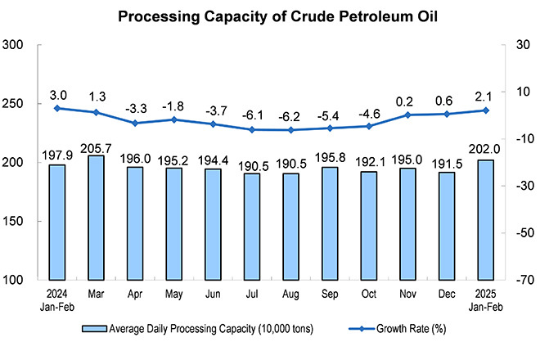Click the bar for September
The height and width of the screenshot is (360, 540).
pos(330,223)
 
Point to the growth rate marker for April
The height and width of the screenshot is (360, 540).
pos(134,124)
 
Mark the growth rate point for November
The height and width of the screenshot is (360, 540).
pos(407,115)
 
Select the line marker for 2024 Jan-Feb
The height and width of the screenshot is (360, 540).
pos(56,108)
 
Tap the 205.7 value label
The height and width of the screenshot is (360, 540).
pos(96,147)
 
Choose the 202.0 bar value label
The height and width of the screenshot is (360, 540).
pos(486,151)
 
